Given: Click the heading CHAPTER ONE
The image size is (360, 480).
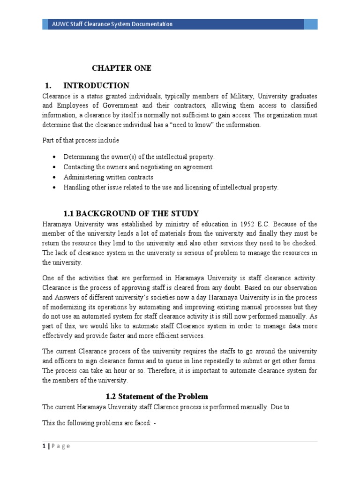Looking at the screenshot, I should (x=121, y=68).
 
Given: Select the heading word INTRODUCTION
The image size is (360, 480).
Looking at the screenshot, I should (x=96, y=85).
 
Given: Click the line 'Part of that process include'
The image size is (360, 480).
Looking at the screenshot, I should (x=81, y=140).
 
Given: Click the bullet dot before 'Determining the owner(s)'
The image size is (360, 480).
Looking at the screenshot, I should (x=55, y=157).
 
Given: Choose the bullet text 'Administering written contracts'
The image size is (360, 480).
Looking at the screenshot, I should (x=108, y=177).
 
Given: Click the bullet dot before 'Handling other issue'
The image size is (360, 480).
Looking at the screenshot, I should (x=55, y=187).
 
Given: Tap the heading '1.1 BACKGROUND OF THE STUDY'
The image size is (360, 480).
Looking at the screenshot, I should (x=131, y=213).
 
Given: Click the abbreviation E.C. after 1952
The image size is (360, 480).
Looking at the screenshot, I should (x=271, y=224).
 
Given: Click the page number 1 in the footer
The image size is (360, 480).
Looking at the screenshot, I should (x=44, y=446).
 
